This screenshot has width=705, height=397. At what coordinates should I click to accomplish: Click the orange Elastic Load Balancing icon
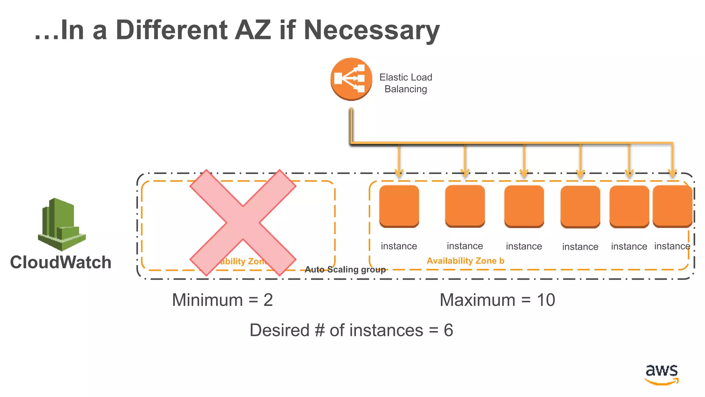tap(351, 79)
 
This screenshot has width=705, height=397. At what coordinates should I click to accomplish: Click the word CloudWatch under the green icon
tap(61, 262)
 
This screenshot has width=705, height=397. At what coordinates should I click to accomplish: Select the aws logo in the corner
tap(661, 374)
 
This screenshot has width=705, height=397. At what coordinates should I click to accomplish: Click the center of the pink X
tap(243, 223)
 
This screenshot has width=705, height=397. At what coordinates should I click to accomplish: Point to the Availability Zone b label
tap(465, 261)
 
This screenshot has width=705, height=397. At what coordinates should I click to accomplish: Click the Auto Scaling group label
tap(345, 269)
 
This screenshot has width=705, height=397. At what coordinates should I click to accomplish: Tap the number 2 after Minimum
tap(268, 300)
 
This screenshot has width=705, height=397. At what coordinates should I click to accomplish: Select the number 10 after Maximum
tap(546, 300)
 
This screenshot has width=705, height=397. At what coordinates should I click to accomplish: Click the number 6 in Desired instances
tap(448, 330)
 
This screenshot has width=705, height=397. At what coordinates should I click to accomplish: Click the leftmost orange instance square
tap(399, 206)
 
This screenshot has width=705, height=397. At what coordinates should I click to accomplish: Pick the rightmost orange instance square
tap(672, 206)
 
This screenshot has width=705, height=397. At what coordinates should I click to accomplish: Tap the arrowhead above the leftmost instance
tap(399, 172)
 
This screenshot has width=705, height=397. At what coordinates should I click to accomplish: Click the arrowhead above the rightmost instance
tap(672, 172)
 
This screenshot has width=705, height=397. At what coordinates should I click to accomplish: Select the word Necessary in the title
tap(371, 30)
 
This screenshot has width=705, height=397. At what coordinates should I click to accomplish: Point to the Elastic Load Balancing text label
tap(406, 83)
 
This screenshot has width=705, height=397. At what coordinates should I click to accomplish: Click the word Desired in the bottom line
tap(280, 330)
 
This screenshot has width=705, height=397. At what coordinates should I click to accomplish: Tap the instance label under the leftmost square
tap(399, 246)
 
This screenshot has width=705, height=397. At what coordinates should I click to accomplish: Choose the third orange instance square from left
tap(524, 206)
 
